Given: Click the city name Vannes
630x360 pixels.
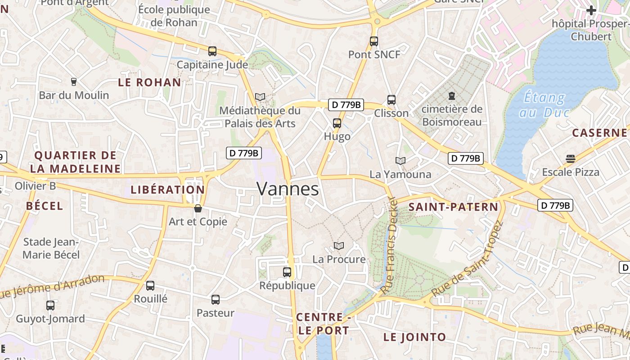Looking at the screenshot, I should tap(288, 189).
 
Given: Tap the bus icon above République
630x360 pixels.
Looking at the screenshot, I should tap(287, 272).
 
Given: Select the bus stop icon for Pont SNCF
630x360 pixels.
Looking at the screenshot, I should tap(374, 41).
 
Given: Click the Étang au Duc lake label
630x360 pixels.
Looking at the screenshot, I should tap(544, 105).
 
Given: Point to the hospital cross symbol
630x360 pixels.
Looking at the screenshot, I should tap(591, 10).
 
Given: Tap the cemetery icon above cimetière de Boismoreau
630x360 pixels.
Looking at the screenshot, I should tap(451, 96).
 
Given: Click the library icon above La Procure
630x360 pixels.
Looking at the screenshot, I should tap(339, 246).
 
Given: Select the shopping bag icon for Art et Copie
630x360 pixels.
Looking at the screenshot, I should tap(198, 208).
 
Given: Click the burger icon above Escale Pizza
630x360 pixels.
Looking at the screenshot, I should tap(571, 158).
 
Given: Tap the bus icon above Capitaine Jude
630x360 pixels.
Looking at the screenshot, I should tap(212, 51).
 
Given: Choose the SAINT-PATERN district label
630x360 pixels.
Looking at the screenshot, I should tap(454, 207).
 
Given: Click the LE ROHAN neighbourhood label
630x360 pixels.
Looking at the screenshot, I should tap(149, 82).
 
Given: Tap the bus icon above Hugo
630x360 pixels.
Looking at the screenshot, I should tap(337, 123).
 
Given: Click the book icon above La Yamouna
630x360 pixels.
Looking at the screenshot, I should tap(400, 161).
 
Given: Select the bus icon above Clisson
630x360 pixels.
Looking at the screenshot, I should tap(391, 100).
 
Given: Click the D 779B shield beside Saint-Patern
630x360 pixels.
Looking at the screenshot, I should tap(555, 206).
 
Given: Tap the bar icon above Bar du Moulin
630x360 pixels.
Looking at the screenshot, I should tap(74, 82).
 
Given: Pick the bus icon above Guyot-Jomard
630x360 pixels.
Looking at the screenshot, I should tap(50, 306).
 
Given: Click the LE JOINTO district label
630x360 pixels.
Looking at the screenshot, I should tap(414, 337).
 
